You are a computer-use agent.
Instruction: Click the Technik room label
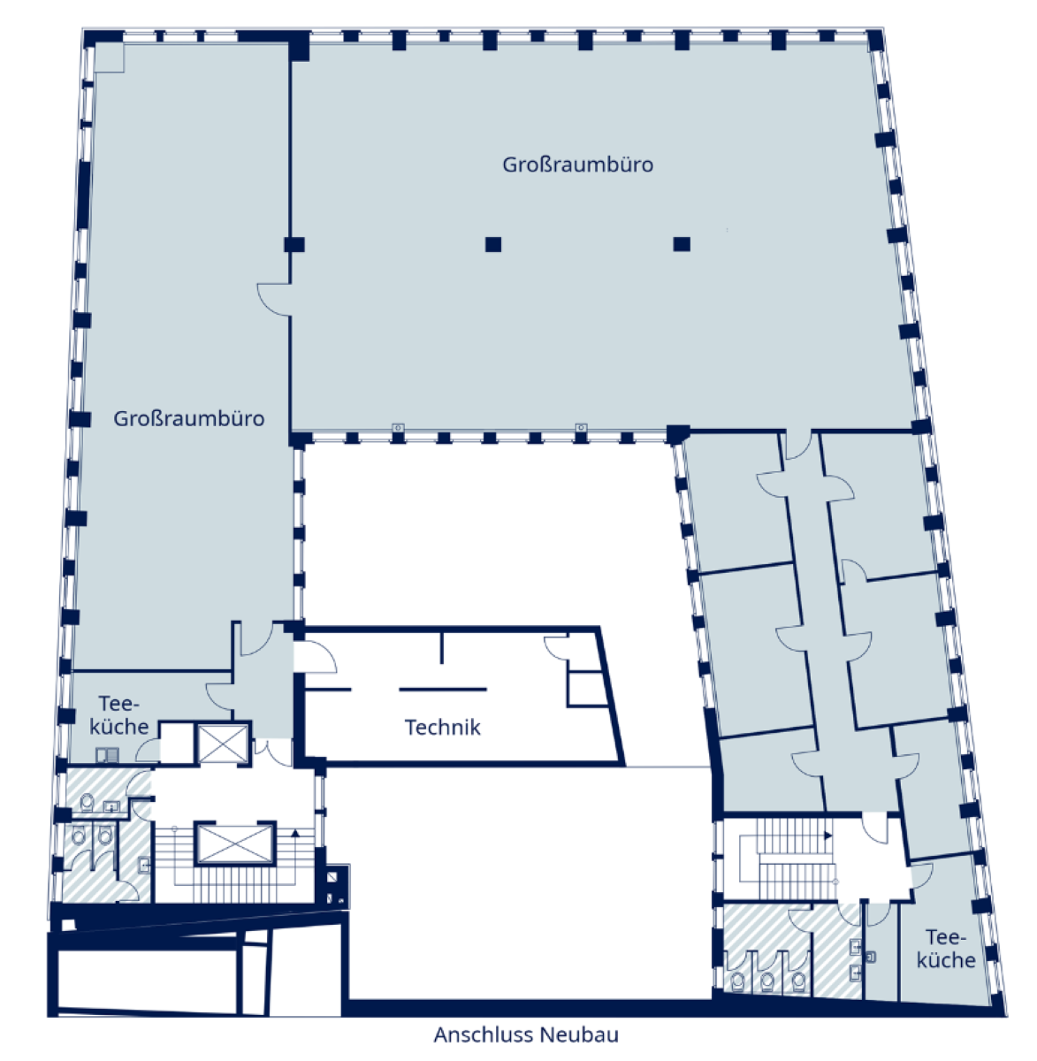[x=442, y=728]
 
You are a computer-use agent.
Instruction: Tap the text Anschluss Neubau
[x=526, y=1034]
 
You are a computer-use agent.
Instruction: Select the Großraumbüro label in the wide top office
[x=577, y=164]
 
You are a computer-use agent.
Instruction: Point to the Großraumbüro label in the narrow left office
[x=188, y=419]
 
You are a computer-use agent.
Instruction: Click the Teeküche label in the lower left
[x=118, y=715]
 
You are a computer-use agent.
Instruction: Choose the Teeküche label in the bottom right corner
[x=946, y=950]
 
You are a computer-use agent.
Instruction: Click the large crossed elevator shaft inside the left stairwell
[x=234, y=843]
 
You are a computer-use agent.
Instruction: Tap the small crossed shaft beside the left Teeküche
[x=223, y=744]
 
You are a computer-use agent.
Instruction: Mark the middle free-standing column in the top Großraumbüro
[x=493, y=244]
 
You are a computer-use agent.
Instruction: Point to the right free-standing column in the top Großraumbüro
[x=682, y=244]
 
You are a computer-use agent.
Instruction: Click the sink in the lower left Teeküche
[x=107, y=755]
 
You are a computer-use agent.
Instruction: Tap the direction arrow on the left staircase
[x=295, y=833]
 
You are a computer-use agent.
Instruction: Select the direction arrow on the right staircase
[x=828, y=836]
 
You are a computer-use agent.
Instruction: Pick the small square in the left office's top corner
[x=109, y=57]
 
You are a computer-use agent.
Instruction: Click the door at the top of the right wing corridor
[x=798, y=446]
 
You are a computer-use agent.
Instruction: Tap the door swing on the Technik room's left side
[x=315, y=656]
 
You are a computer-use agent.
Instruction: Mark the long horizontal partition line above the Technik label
[x=443, y=689]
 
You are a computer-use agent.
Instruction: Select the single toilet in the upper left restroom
[x=87, y=802]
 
